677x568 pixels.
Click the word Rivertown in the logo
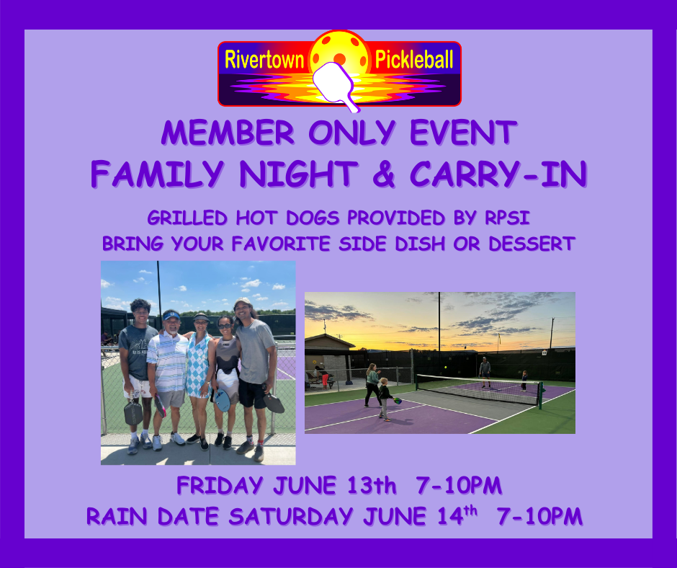pos(264,60)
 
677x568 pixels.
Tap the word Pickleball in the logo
pos(414,60)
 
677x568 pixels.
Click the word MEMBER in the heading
pos(228,133)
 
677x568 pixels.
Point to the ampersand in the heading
pos(384,174)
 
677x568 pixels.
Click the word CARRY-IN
pos(498,174)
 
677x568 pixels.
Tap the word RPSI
pos(507,218)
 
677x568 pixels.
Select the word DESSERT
pos(532,244)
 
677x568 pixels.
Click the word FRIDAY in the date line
pos(220,485)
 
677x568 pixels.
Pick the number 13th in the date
pos(372,485)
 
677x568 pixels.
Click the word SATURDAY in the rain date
pos(291,516)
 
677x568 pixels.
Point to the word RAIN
pos(117,516)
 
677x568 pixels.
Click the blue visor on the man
pos(171,315)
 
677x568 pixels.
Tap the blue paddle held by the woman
pos(223,400)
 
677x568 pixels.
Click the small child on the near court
pos(385,399)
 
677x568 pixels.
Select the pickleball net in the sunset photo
pos(479,390)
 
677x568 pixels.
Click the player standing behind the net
pos(485,372)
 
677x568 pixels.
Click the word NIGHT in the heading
pos(299,174)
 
